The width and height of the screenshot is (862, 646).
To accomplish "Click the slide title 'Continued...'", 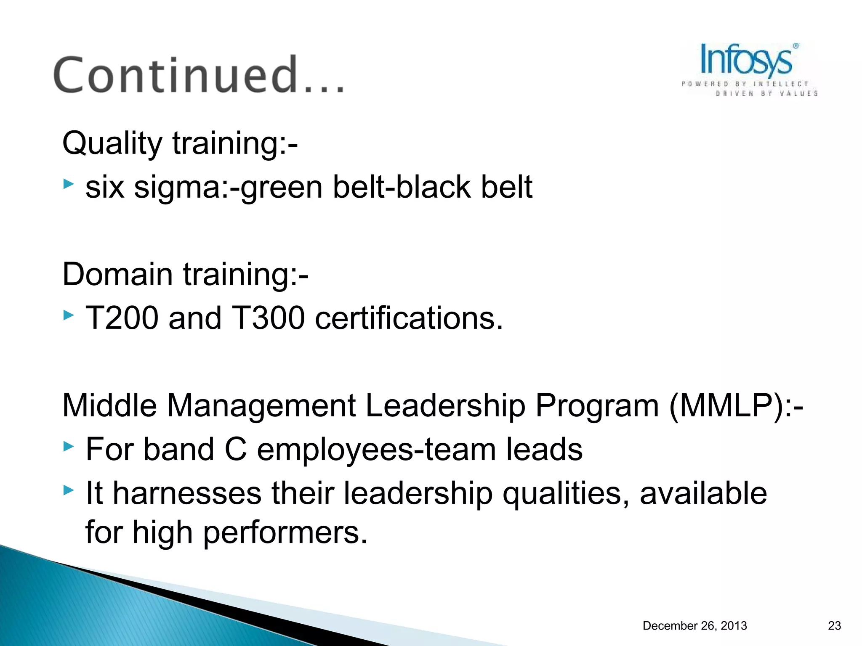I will click(199, 75).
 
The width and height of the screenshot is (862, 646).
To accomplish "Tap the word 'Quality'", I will click(112, 143).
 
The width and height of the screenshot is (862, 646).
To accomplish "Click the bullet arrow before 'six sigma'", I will click(69, 184).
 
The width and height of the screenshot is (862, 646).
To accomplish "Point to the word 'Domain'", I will click(117, 274).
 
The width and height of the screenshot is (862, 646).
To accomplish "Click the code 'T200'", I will click(122, 318).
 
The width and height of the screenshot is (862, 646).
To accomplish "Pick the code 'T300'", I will click(268, 318).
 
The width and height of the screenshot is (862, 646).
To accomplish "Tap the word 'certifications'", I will click(408, 318).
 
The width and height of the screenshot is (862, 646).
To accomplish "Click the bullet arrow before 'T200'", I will click(69, 315).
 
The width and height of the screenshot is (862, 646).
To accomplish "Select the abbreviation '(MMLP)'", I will click(726, 406).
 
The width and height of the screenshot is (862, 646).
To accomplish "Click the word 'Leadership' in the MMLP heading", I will click(445, 406).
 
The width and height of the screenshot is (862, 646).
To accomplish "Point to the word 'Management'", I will click(261, 406).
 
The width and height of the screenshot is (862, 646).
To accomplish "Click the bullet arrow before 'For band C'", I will click(69, 446).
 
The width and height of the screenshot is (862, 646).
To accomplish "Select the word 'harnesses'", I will click(187, 493).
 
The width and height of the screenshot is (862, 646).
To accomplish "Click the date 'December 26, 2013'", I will click(694, 626).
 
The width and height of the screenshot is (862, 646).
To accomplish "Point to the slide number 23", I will click(834, 626).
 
